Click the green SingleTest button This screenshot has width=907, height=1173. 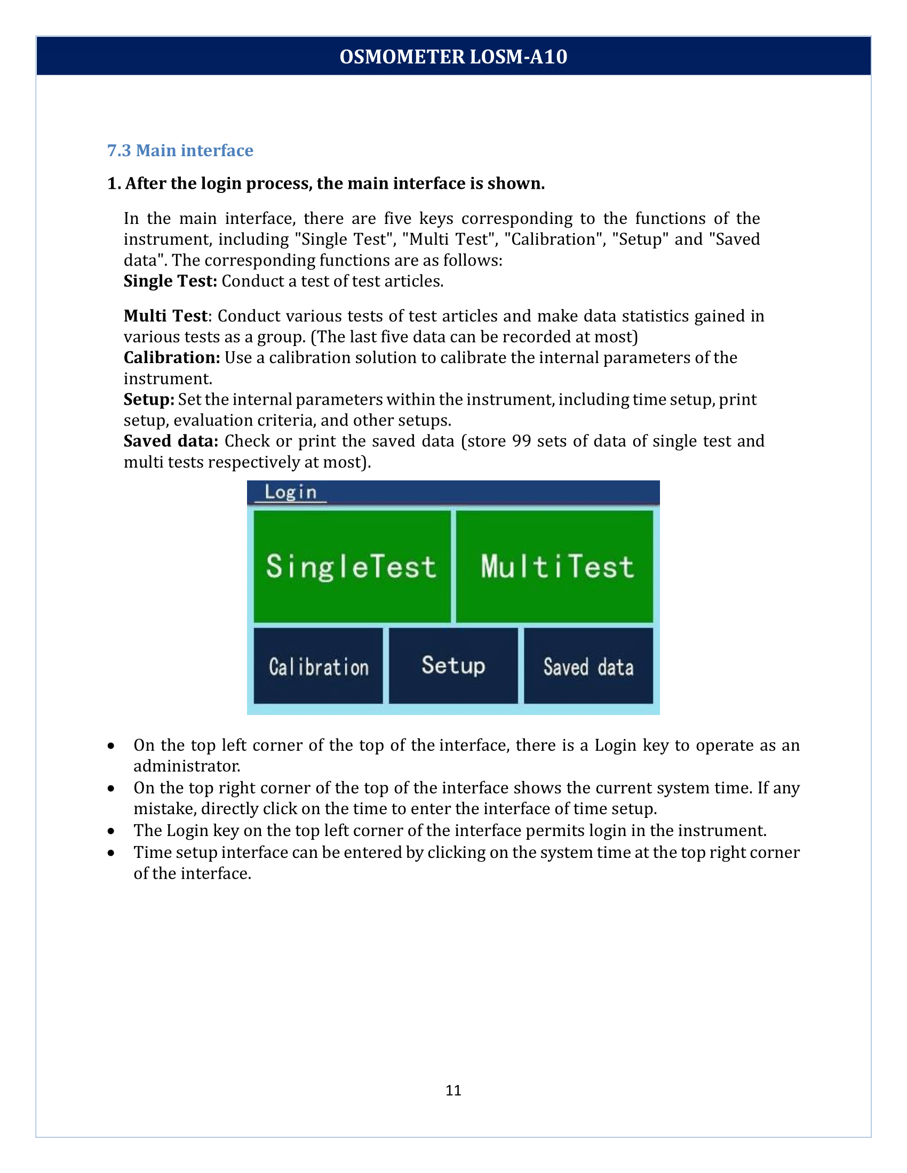pos(352,566)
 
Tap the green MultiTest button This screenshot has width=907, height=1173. pos(554,566)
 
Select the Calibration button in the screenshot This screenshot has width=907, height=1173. pos(318,666)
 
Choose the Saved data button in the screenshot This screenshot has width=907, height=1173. pos(588,666)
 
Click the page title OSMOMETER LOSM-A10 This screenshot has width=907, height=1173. pos(454,57)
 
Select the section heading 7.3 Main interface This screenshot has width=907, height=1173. pos(180,150)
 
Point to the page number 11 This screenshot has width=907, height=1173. pos(454,1090)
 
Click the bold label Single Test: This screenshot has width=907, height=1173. pos(170,281)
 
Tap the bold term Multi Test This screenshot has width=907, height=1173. pos(165,316)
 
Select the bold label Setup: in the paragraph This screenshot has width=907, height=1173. pos(149,399)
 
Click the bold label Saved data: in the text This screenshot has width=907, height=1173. pos(171,441)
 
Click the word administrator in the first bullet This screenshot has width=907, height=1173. pos(186,766)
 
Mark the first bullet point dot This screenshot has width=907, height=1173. pos(110,746)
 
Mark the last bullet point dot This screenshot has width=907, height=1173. pos(110,853)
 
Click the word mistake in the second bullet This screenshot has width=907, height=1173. pos(165,808)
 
